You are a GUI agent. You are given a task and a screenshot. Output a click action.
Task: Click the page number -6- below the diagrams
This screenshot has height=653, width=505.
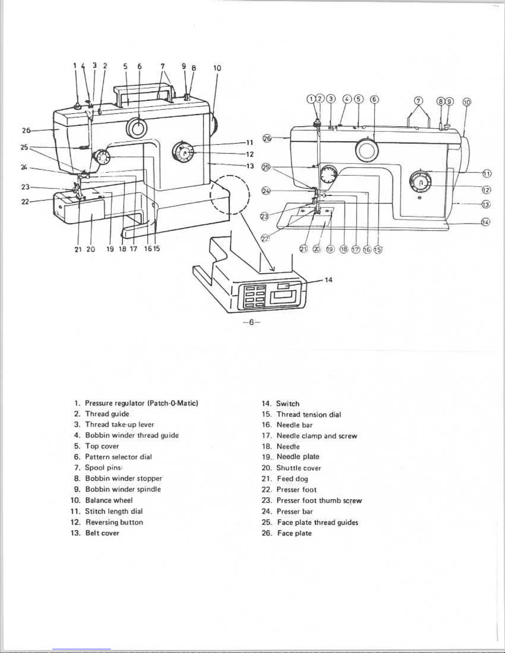(x=251, y=323)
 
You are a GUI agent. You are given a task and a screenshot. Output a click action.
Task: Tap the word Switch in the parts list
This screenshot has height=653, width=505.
(x=288, y=404)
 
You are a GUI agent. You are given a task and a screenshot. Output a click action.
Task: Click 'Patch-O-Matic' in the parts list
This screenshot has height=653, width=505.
(x=173, y=403)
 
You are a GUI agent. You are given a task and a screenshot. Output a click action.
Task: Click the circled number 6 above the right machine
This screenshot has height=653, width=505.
(x=374, y=99)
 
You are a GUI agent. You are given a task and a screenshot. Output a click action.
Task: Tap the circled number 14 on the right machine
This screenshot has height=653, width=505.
(x=486, y=222)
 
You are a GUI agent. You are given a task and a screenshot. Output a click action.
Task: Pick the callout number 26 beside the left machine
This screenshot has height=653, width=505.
(x=26, y=131)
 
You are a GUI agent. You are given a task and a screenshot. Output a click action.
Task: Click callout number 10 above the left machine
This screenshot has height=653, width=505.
(x=217, y=68)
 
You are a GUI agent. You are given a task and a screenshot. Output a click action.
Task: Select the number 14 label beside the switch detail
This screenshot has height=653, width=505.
(x=329, y=280)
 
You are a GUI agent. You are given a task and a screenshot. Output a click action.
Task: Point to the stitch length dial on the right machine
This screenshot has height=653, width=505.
(x=420, y=182)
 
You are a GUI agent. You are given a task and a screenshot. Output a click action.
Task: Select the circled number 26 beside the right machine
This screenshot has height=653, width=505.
(x=267, y=138)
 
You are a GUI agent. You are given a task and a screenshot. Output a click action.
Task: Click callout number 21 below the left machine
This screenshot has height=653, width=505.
(x=78, y=249)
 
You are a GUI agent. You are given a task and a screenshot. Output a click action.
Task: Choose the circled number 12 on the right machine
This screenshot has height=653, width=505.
(x=487, y=190)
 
